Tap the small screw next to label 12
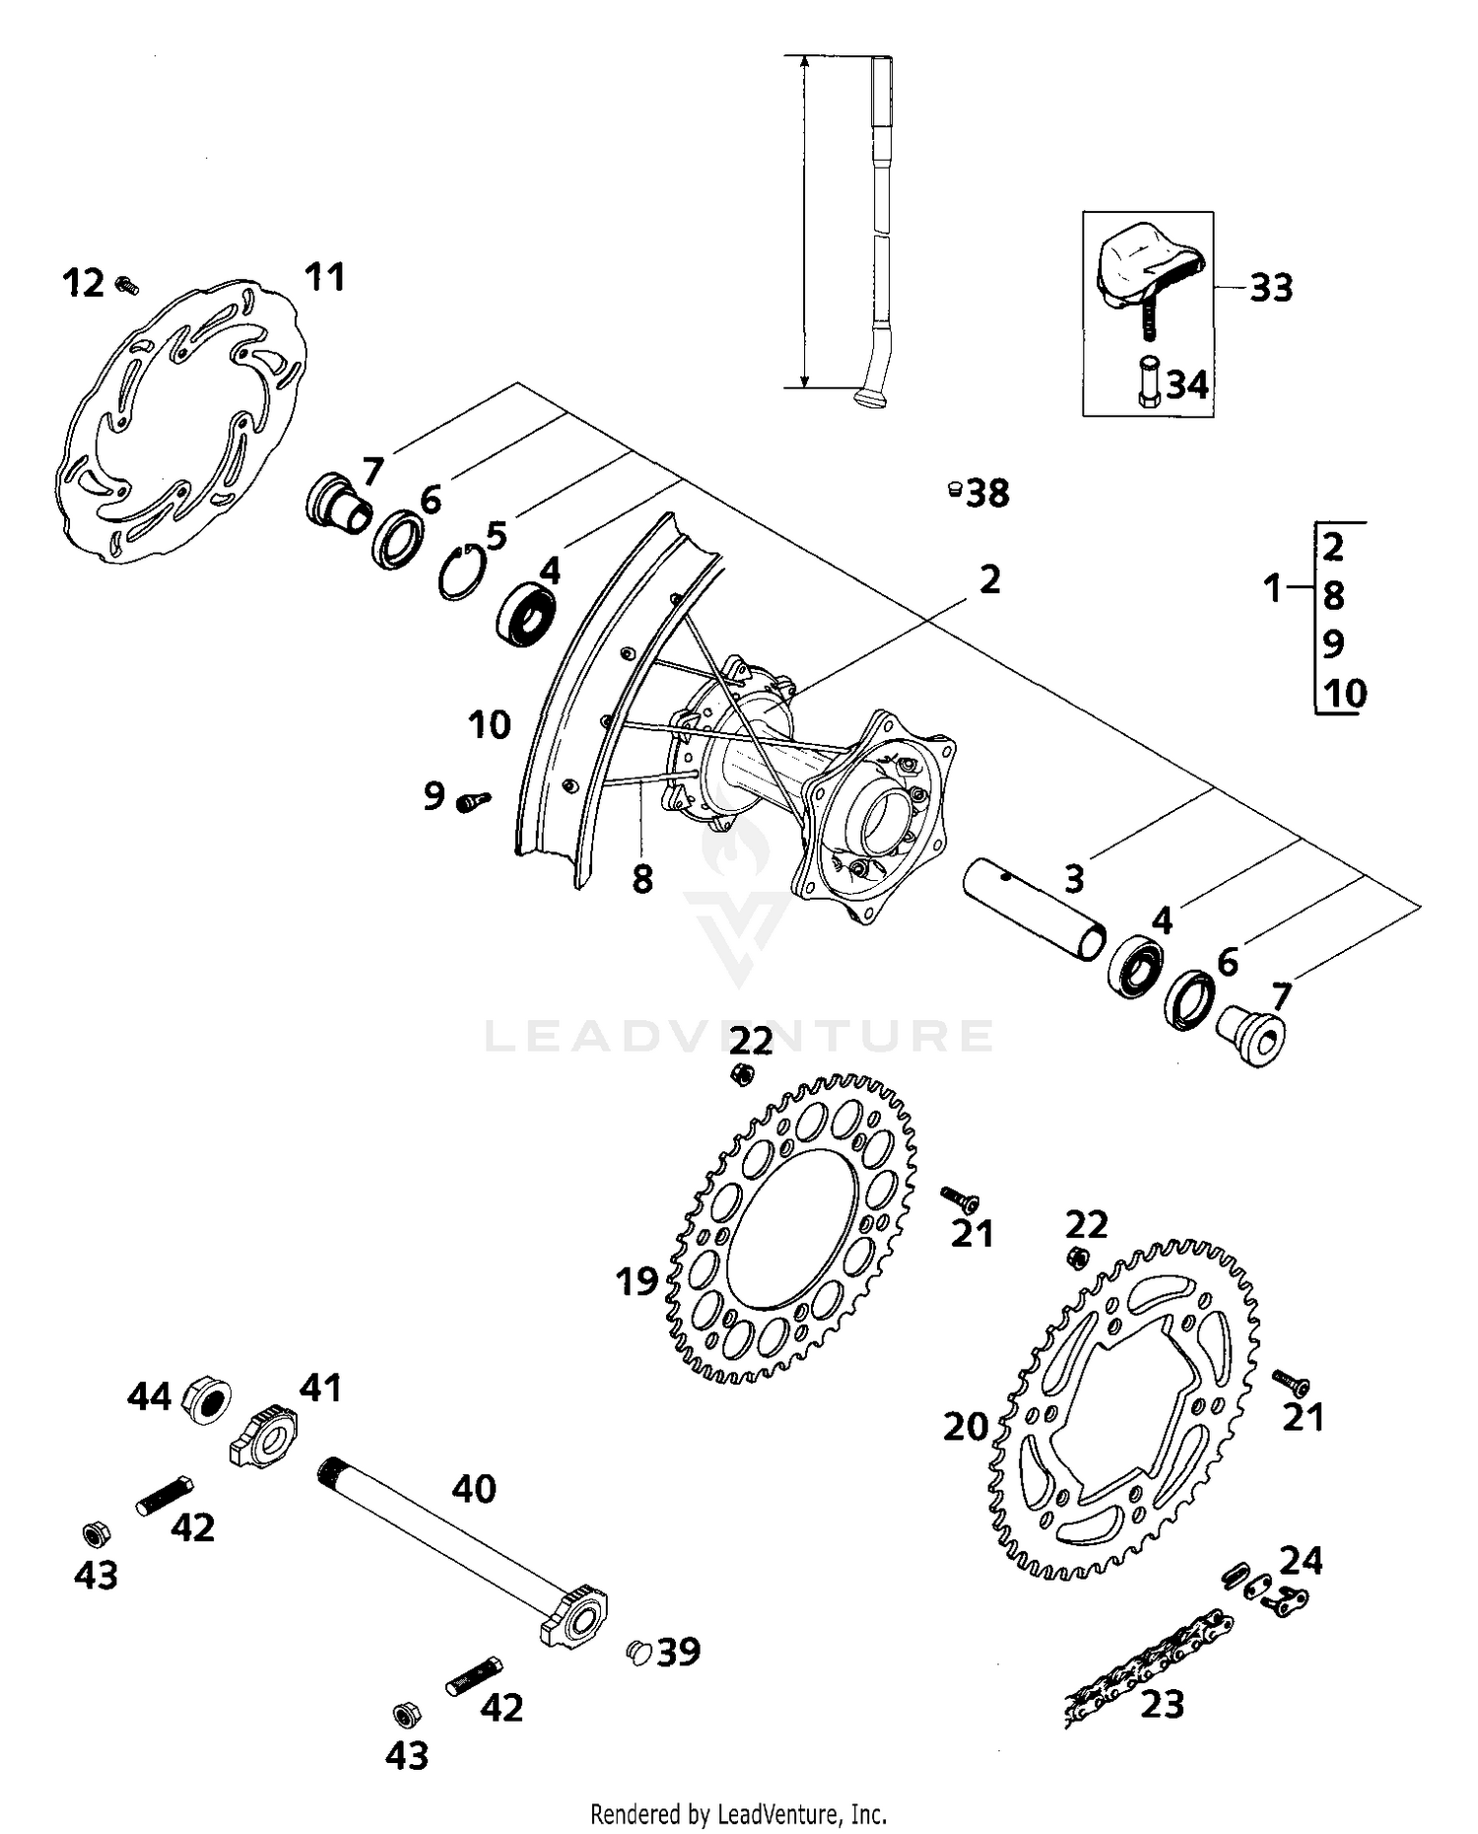(126, 286)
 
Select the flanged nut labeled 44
(207, 1397)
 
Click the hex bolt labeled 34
(1150, 382)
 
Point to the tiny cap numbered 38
(954, 489)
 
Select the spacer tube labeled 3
(1033, 907)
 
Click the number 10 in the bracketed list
(1344, 693)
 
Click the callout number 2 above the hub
(989, 579)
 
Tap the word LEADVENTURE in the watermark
(739, 1037)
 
